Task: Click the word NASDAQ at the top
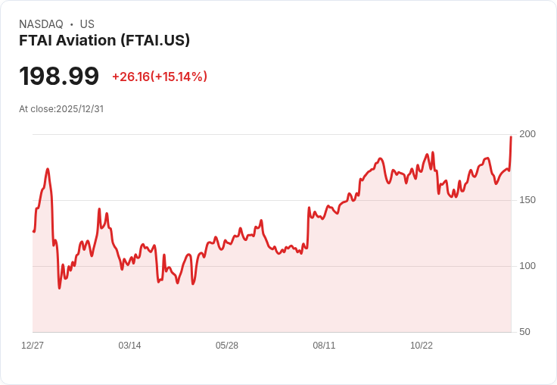pos(41,24)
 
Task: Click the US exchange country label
pos(87,24)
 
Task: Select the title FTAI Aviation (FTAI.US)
pos(104,41)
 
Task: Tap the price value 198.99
pos(59,76)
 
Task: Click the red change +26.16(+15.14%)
pos(160,77)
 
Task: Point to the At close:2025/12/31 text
pos(61,108)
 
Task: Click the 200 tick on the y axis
pos(527,134)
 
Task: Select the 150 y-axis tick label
pos(527,200)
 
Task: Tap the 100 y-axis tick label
pos(527,266)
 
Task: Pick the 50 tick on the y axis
pos(524,332)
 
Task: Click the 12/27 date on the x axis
pos(33,346)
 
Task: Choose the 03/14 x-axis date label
pos(129,346)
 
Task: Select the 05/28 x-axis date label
pos(227,346)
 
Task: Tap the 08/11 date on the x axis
pos(324,346)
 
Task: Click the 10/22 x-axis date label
pos(422,346)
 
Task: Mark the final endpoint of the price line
pos(511,137)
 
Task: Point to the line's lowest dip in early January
pos(60,288)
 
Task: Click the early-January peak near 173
pos(48,169)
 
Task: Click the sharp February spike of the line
pos(99,209)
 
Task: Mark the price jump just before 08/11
pos(309,208)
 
